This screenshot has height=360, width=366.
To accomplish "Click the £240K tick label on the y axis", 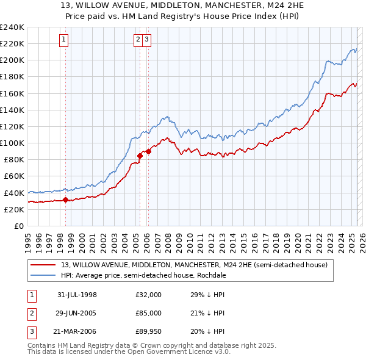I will pos(12,27).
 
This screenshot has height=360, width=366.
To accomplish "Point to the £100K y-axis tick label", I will pos(12,143).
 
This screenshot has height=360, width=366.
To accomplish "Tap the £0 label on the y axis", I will pos(18,226).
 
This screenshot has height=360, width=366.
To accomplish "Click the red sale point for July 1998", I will pos(66,200).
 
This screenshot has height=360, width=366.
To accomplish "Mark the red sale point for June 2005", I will pos(140,156).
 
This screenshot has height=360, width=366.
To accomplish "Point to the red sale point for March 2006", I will pos(148,151).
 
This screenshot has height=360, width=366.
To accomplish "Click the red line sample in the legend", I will pos(44,265).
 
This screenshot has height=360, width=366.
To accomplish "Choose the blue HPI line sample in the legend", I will pos(44,275).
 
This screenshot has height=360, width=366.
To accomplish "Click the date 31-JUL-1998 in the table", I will pos(77,295).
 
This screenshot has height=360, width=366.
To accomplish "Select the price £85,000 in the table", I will pos(149,313).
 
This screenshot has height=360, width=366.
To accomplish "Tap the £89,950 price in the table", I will pos(149,331).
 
